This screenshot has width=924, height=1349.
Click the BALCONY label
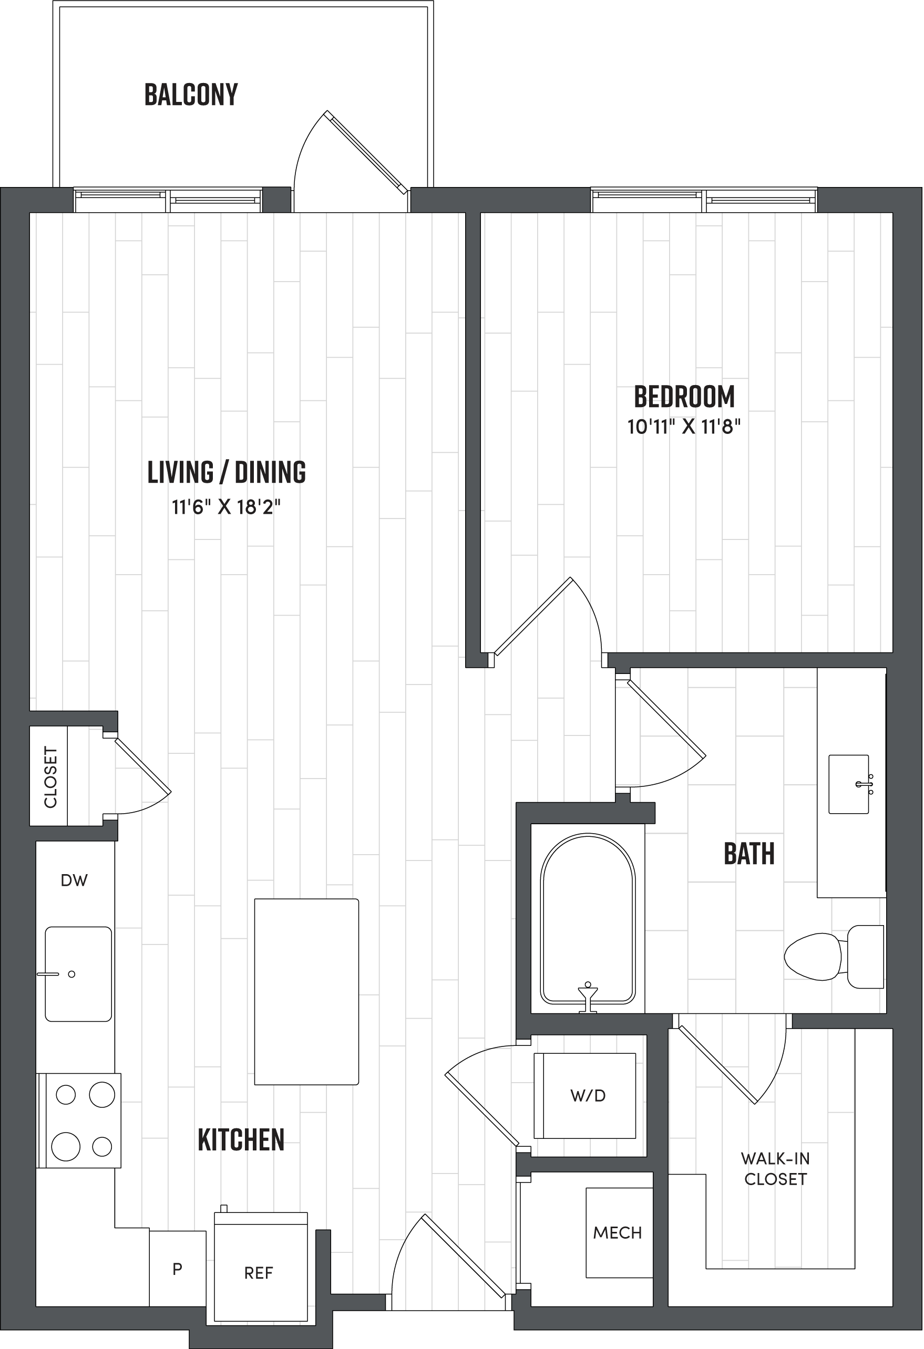click(191, 95)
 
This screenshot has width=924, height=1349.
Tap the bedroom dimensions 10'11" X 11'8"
click(684, 427)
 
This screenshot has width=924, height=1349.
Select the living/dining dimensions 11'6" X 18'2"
click(226, 507)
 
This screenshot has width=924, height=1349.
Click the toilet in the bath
click(833, 956)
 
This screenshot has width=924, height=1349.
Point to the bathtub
click(588, 919)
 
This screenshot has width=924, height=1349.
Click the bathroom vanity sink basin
click(848, 784)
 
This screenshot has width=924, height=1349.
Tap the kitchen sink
click(78, 973)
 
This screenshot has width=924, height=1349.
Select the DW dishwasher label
click(74, 880)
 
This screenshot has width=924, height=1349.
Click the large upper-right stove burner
click(101, 1094)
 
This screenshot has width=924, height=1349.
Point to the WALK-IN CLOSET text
click(775, 1168)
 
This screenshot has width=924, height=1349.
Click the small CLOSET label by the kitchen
click(50, 776)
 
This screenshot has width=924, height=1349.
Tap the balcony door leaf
click(366, 152)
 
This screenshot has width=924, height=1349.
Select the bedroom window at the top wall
click(704, 201)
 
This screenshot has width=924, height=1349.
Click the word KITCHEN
click(241, 1140)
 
